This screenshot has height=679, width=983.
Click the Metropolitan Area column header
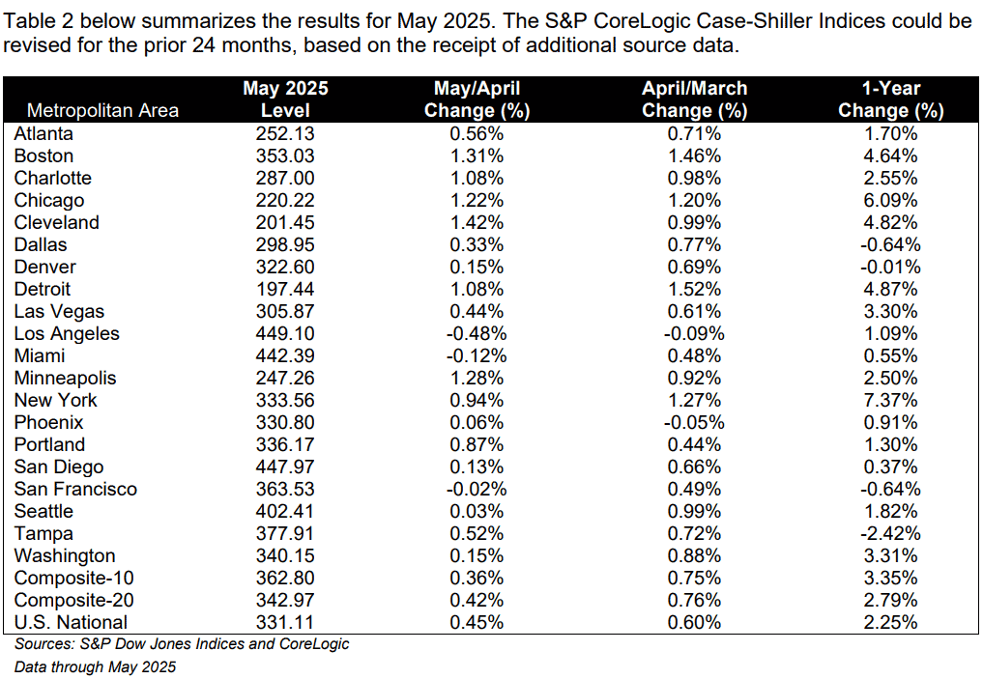[102, 111]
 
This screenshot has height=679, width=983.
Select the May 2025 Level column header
[285, 99]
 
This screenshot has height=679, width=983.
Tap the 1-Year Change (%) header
[891, 99]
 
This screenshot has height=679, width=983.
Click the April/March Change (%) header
[695, 99]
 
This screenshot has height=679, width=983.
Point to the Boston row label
[43, 156]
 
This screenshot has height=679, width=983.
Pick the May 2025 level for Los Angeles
[285, 334]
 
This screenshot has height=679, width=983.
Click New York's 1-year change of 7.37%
[891, 400]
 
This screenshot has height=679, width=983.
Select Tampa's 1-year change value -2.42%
[891, 534]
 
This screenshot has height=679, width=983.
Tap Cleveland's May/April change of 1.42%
[477, 222]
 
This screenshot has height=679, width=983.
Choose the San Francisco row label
[75, 489]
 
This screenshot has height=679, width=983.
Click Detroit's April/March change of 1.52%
[695, 290]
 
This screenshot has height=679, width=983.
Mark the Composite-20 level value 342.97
[285, 600]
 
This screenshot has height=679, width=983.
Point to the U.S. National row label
[71, 623]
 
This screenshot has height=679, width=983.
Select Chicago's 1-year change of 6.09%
[891, 201]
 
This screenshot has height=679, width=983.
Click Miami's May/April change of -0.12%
[477, 355]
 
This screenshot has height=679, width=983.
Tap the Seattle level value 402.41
[285, 511]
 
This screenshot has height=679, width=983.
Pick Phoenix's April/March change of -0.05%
[695, 423]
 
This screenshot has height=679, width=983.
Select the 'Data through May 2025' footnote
[96, 667]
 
